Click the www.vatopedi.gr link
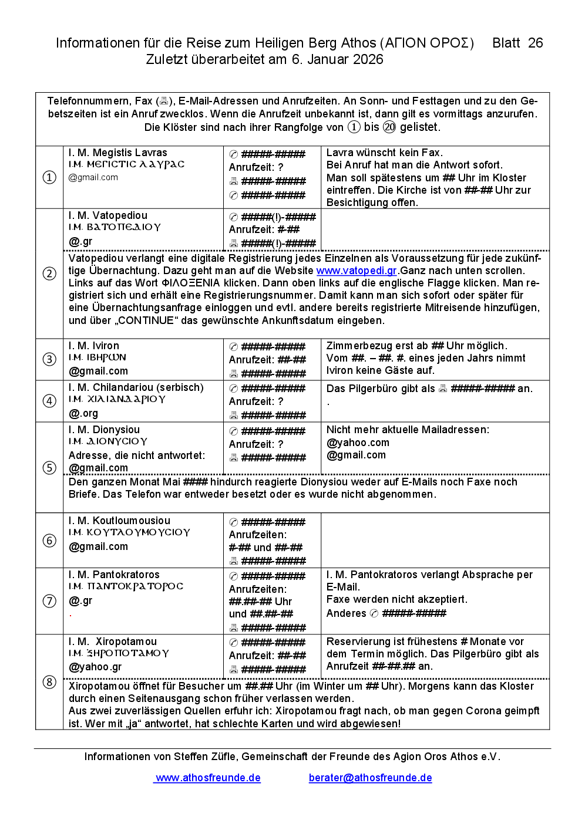[x=357, y=271]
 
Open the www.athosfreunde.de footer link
[x=208, y=778]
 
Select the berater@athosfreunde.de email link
[x=370, y=778]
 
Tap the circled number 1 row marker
[x=49, y=177]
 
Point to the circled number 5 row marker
[x=49, y=468]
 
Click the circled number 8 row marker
[x=49, y=682]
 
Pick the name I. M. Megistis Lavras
[x=117, y=153]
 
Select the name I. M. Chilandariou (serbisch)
[x=136, y=387]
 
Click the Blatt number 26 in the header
[x=535, y=43]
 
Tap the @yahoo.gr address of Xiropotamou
[x=95, y=667]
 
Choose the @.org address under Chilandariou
[x=83, y=413]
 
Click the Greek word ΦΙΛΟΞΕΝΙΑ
[x=190, y=283]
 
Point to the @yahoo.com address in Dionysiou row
[x=358, y=443]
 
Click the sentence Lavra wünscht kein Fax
[x=384, y=153]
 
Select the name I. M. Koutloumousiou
[x=119, y=521]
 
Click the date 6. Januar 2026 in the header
[x=336, y=59]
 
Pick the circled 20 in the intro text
[x=389, y=127]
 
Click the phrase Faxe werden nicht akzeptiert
[x=397, y=599]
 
